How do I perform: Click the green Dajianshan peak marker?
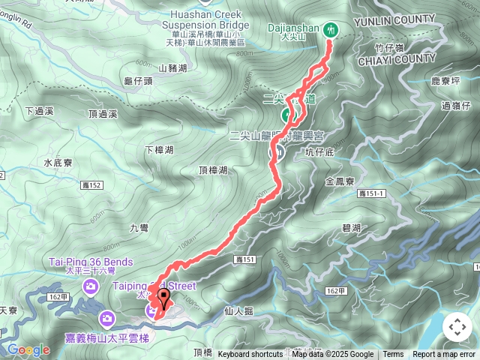click(x=331, y=30)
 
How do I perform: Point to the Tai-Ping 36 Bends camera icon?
click(x=91, y=286)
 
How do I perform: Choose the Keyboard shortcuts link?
click(x=250, y=355)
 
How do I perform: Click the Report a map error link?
click(x=444, y=355)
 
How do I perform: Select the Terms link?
click(x=393, y=355)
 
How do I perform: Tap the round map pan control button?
click(x=457, y=327)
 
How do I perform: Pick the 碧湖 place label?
click(x=351, y=227)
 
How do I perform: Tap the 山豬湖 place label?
click(x=172, y=67)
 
